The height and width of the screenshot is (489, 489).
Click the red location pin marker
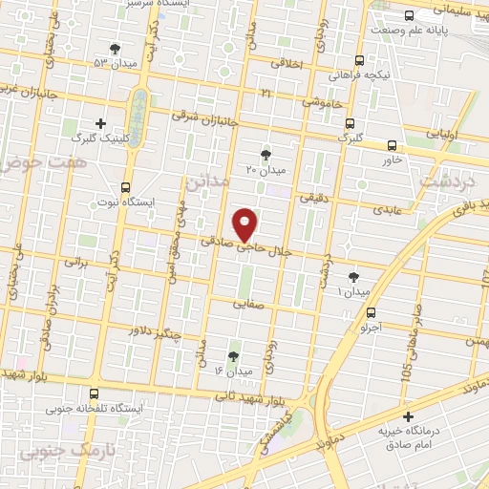pyautogui.click(x=247, y=223)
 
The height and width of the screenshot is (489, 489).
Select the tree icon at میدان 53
pyautogui.click(x=116, y=49)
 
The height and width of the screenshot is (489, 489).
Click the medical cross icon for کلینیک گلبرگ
pyautogui.click(x=102, y=122)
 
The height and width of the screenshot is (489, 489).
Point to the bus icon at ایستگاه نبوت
pyautogui.click(x=125, y=187)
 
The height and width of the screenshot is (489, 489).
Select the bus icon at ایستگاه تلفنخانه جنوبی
pyautogui.click(x=94, y=393)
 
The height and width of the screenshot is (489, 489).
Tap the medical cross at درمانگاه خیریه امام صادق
pyautogui.click(x=409, y=416)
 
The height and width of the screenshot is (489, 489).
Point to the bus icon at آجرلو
pyautogui.click(x=372, y=311)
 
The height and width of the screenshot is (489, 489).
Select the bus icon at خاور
pyautogui.click(x=393, y=145)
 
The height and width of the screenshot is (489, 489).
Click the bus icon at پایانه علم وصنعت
pyautogui.click(x=410, y=15)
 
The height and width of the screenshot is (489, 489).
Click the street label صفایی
pyautogui.click(x=250, y=307)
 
